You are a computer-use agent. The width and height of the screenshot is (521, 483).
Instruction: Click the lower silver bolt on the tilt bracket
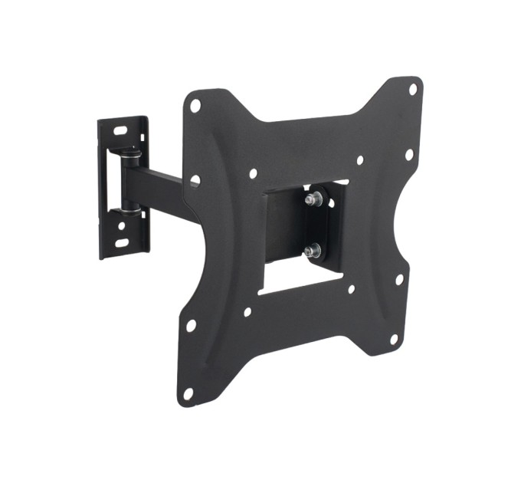tap(312, 249)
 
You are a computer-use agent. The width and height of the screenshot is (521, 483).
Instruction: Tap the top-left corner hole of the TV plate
tap(195, 105)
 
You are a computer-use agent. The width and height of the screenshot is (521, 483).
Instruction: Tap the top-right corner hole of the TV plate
tap(412, 89)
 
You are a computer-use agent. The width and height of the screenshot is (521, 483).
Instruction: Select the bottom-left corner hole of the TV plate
tap(187, 393)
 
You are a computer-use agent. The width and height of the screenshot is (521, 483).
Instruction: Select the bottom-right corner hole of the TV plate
tap(394, 338)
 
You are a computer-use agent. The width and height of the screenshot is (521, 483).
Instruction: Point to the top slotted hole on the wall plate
tap(120, 131)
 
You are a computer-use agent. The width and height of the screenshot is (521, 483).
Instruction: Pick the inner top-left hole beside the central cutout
tap(254, 174)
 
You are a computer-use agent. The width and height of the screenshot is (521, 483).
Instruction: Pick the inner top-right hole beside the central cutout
tap(359, 160)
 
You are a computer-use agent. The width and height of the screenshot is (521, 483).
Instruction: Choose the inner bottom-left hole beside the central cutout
tap(247, 312)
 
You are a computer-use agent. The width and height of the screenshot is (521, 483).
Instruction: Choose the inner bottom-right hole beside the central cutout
tap(351, 289)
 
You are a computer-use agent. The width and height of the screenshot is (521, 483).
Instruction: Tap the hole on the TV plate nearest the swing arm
tap(195, 181)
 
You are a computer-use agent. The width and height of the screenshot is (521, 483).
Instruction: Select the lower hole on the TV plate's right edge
tap(399, 279)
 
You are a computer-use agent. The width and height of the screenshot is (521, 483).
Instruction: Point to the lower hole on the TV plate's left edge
tap(190, 325)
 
